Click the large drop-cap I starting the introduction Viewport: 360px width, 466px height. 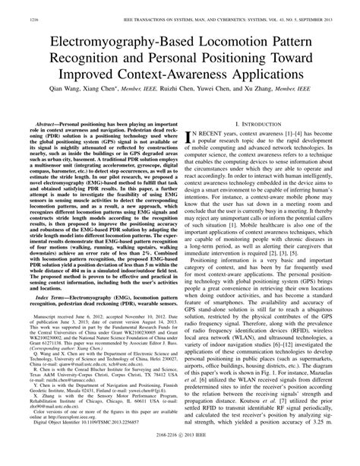(x=190, y=138)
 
